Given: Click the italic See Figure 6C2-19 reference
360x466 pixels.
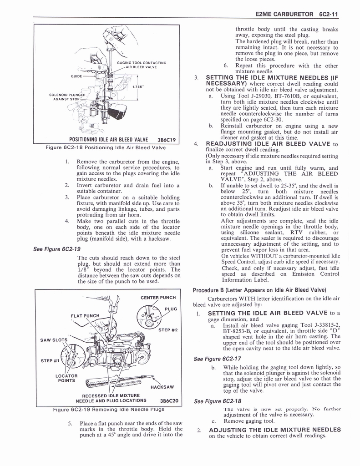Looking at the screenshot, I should tap(57, 249).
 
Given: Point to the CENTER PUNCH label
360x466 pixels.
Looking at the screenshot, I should tap(158, 298).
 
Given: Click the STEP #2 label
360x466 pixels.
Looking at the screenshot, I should tap(167, 330).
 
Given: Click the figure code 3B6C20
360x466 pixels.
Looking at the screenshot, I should tap(167, 401).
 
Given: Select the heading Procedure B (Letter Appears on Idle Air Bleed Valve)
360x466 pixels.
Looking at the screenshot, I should tap(259, 290).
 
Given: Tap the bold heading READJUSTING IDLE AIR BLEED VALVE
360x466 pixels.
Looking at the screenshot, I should tap(269, 144).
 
